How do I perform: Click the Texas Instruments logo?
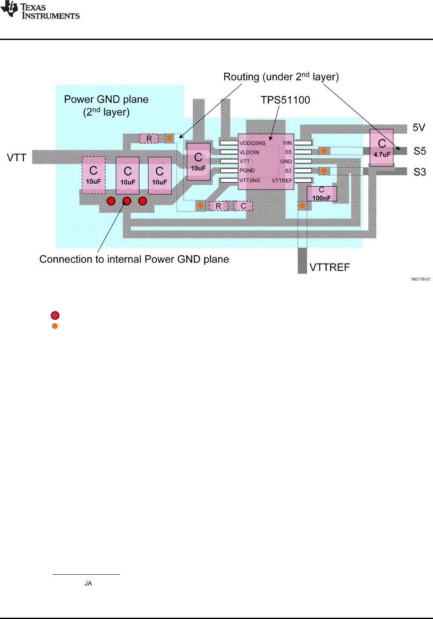pyautogui.click(x=40, y=11)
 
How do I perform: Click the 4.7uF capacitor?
pyautogui.click(x=381, y=147)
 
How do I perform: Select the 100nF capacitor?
pyautogui.click(x=321, y=194)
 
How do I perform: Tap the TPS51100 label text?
pyautogui.click(x=285, y=100)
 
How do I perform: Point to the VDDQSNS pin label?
pyautogui.click(x=253, y=143)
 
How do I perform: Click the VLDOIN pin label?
pyautogui.click(x=249, y=153)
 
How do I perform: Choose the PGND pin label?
pyautogui.click(x=247, y=171)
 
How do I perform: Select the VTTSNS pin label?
pyautogui.click(x=250, y=181)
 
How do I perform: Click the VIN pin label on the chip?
pyautogui.click(x=287, y=143)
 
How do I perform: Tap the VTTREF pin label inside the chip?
pyautogui.click(x=282, y=181)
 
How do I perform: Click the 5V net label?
pyautogui.click(x=419, y=128)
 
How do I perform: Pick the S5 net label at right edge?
pyautogui.click(x=420, y=151)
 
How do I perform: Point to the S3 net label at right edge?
pyautogui.click(x=420, y=172)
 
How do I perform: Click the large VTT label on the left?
pyautogui.click(x=17, y=158)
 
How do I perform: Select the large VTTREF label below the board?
pyautogui.click(x=329, y=267)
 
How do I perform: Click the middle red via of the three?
pyautogui.click(x=127, y=201)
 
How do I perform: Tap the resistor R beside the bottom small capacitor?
pyautogui.click(x=218, y=206)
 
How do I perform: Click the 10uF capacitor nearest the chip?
pyautogui.click(x=198, y=162)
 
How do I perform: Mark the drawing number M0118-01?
pyautogui.click(x=421, y=279)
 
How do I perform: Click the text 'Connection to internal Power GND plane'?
pyautogui.click(x=134, y=259)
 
